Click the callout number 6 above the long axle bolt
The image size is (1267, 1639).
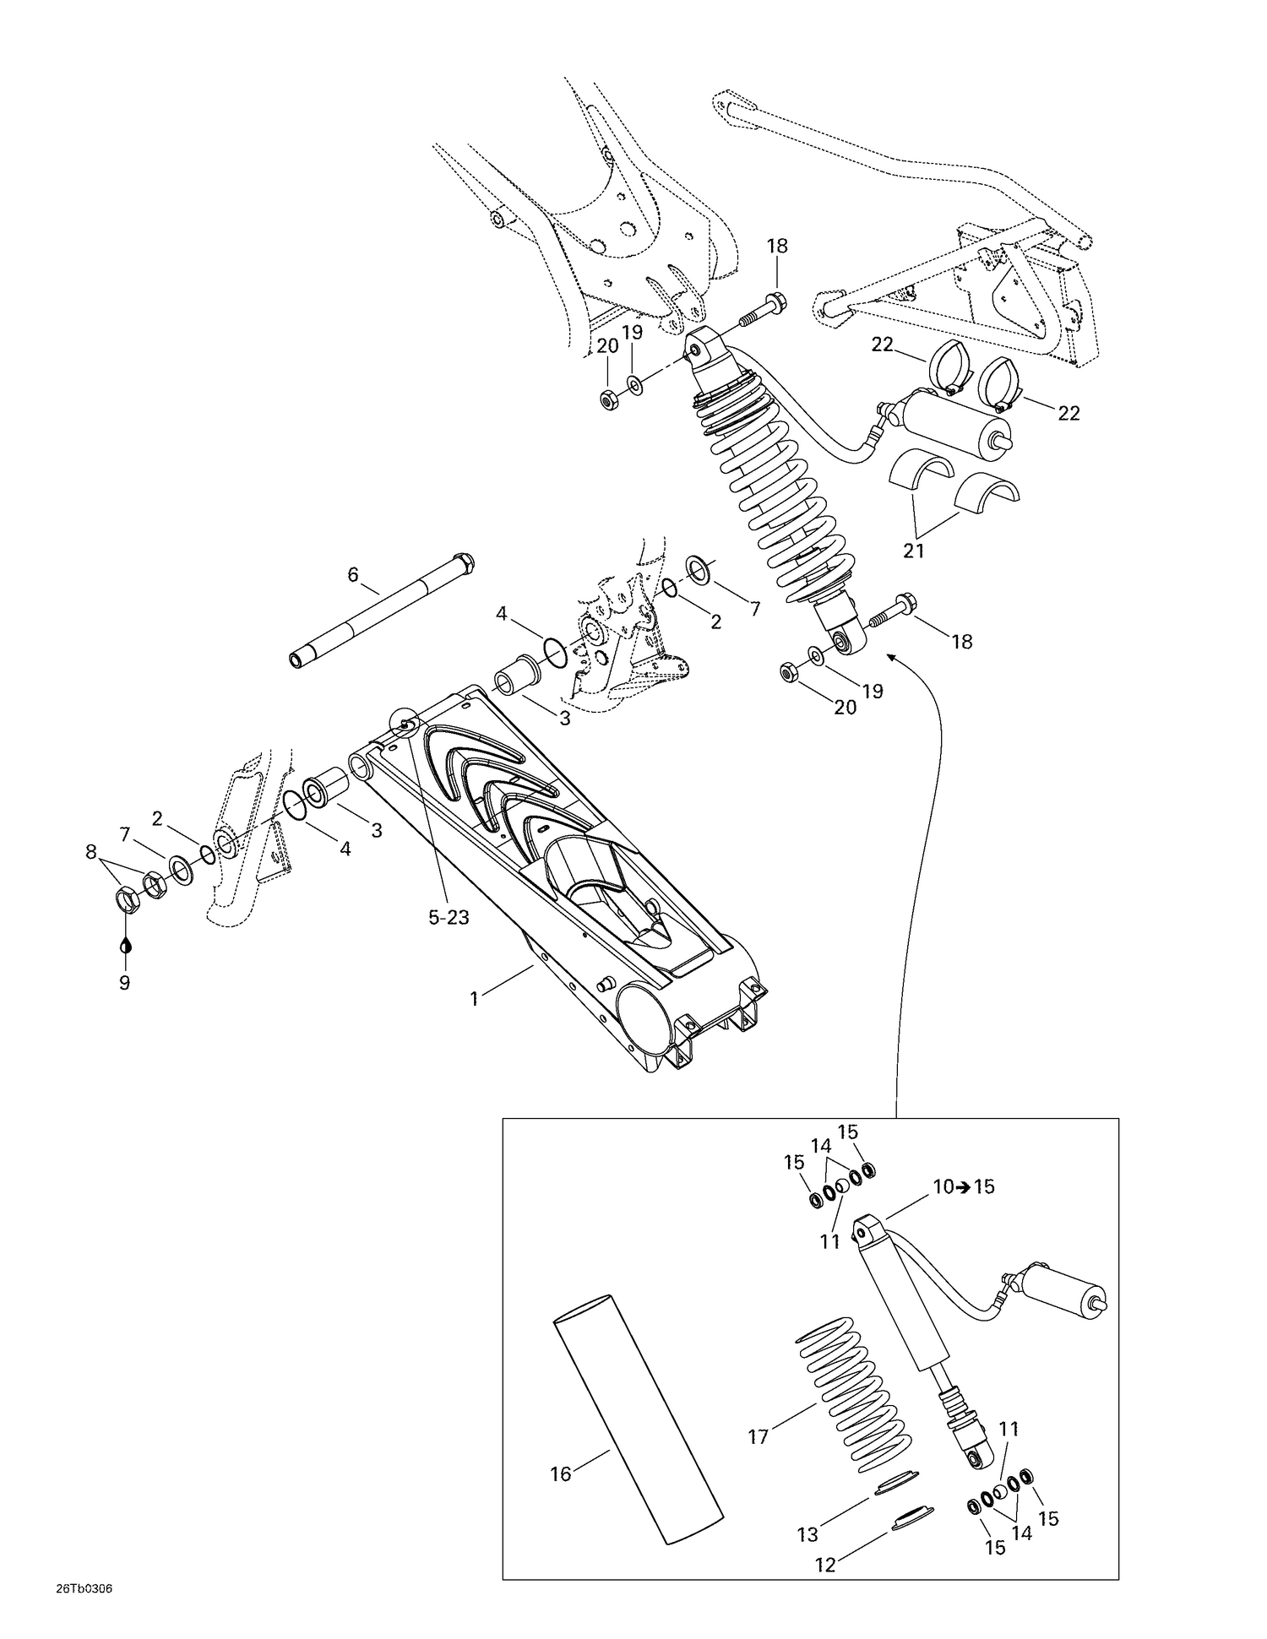(x=353, y=575)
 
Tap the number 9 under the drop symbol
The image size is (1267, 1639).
(x=124, y=983)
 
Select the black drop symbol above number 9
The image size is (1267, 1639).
(x=126, y=945)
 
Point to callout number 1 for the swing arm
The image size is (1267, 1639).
(x=475, y=999)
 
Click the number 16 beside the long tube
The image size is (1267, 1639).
(x=561, y=1473)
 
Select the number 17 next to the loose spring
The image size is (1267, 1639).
(x=758, y=1435)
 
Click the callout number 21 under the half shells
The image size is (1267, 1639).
(x=914, y=551)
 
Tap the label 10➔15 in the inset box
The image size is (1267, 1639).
(x=964, y=1186)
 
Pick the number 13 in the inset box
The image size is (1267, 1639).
(x=807, y=1533)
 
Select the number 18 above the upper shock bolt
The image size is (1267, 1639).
(x=777, y=246)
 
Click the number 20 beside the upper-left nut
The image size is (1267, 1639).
(x=608, y=345)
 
